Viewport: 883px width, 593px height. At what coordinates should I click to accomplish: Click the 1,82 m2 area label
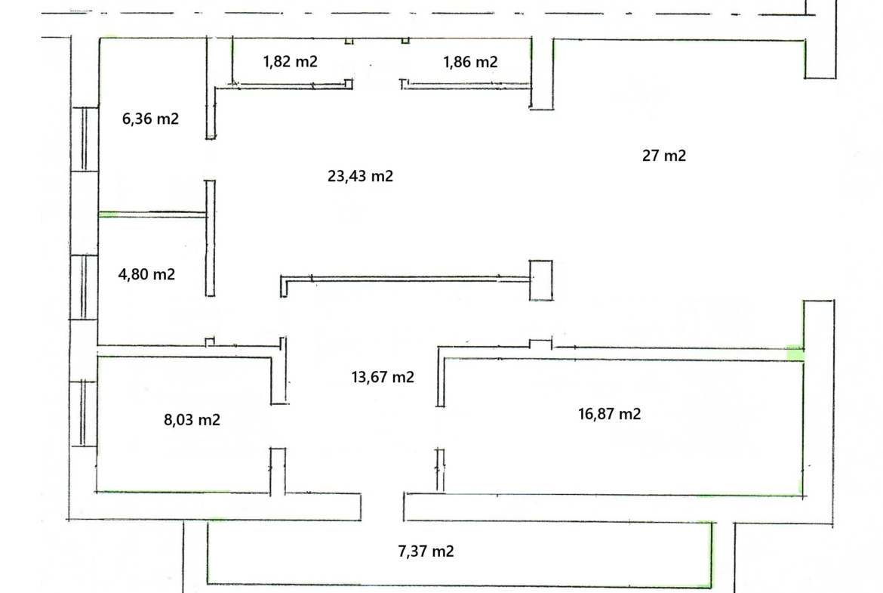pos(290,61)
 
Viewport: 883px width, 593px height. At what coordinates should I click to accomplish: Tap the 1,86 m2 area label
pos(470,61)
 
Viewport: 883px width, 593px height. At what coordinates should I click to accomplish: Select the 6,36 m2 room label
pos(150,119)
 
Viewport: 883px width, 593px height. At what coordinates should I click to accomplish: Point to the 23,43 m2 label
pos(361,176)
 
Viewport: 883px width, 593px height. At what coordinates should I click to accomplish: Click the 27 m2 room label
pos(664,156)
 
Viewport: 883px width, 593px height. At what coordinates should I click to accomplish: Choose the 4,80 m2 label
pos(146,274)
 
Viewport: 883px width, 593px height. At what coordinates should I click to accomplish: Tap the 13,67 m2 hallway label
pos(383,376)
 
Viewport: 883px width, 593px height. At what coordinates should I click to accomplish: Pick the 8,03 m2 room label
pos(192,419)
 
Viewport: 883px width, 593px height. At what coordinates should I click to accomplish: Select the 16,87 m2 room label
pos(609,414)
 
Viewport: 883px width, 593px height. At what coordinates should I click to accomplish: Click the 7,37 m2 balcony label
pos(426,551)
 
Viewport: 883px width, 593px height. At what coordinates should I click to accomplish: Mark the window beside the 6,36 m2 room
pos(85,139)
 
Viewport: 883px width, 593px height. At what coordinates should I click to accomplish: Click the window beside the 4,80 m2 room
pos(84,288)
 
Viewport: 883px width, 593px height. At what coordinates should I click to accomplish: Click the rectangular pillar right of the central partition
pos(541,280)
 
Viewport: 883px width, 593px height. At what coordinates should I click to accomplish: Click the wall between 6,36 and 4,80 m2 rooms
pos(152,214)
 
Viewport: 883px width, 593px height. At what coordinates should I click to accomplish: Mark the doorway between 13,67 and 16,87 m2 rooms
pos(441,428)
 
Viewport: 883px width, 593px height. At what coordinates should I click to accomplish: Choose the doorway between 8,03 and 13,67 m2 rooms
pos(278,426)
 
